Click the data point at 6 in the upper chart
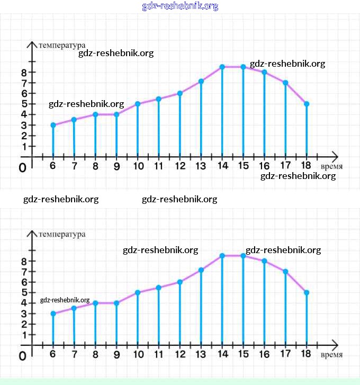(x=53, y=125)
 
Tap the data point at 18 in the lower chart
(x=307, y=292)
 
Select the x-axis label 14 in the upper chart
(x=222, y=166)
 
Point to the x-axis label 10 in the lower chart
(x=138, y=355)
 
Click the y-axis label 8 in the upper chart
(x=23, y=72)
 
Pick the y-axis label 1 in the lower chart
(x=23, y=335)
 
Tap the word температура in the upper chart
(x=62, y=45)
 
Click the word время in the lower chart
(x=331, y=355)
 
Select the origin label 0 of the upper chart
(x=22, y=168)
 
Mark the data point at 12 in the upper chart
(x=180, y=93)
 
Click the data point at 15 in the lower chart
(x=243, y=256)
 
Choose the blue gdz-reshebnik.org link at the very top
(x=180, y=6)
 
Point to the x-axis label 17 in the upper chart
(x=285, y=166)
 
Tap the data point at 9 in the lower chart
(x=116, y=303)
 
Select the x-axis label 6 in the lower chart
(x=53, y=355)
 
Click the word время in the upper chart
(x=331, y=166)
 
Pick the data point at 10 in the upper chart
(x=138, y=104)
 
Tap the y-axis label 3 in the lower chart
(x=23, y=314)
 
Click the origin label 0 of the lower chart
(x=22, y=356)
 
